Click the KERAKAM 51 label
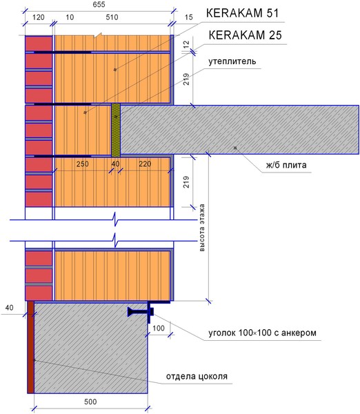coord(242,13)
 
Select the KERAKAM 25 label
coord(246,35)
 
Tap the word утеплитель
coord(232,61)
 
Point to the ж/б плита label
coord(286,165)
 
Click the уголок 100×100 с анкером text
coord(262,333)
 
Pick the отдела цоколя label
coord(197,376)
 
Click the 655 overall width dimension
coord(99,5)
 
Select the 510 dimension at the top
coord(112,17)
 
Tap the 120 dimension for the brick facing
coord(39,17)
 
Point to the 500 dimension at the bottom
coord(90,402)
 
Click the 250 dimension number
coord(82,164)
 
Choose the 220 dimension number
coord(145,164)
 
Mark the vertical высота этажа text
coord(202,227)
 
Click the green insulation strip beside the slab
coord(116,130)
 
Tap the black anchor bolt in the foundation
coord(141,312)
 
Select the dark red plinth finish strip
coord(30,347)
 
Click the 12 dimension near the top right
coord(186,44)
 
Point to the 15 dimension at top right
coord(189,17)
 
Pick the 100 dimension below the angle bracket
coord(159,328)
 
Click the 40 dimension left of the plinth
coord(9,308)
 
